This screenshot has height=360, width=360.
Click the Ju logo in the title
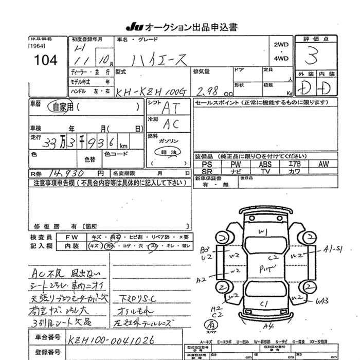point(133,26)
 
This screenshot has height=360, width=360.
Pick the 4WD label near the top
point(281,58)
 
